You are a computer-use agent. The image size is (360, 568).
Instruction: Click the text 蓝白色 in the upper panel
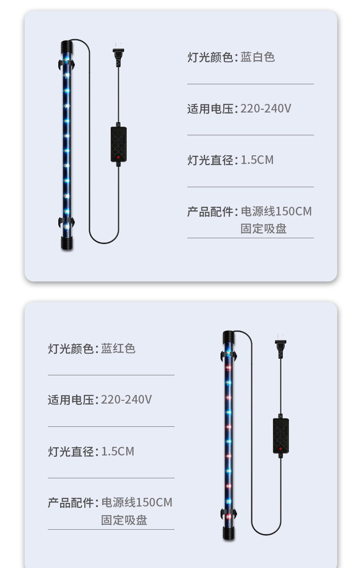[x=257, y=57]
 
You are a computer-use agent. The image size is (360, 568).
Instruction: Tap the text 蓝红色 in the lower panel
[x=118, y=349]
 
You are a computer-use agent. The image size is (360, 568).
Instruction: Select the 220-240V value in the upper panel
[x=266, y=109]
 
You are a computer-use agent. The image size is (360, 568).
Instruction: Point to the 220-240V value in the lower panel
[x=126, y=400]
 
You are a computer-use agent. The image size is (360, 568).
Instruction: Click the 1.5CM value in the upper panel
[x=257, y=160]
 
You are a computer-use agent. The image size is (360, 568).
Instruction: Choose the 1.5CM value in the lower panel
[x=118, y=452]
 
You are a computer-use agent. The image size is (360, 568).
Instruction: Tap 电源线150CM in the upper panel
[x=276, y=212]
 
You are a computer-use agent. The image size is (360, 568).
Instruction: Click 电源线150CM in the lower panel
[x=137, y=503]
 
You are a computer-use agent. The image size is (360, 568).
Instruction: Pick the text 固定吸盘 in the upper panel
[x=263, y=229]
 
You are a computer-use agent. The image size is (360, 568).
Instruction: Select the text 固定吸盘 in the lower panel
[x=124, y=520]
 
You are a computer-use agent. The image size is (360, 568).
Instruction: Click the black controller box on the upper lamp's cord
[x=118, y=144]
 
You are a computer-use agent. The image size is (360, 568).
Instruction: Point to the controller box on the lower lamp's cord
[x=281, y=435]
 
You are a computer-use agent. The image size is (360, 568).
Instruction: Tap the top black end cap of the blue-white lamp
[x=67, y=46]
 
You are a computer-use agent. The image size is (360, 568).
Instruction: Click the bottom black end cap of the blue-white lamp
[x=67, y=242]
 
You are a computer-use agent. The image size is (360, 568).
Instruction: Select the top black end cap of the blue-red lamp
[x=228, y=337]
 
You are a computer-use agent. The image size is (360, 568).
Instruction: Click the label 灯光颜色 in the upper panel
[x=210, y=57]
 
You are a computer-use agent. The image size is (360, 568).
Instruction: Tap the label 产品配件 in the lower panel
[x=71, y=503]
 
